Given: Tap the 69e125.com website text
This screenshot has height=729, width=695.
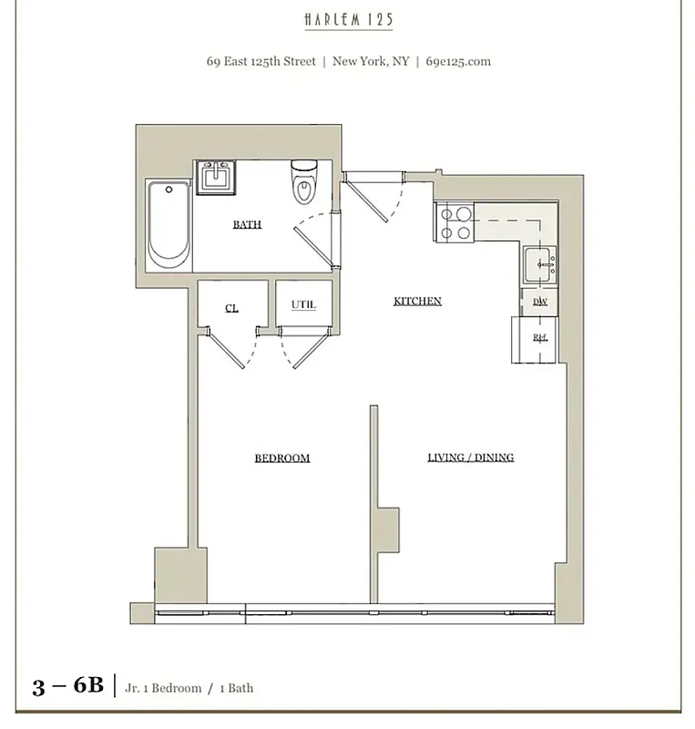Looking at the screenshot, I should tap(458, 62).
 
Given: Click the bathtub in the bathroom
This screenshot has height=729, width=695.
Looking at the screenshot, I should tap(169, 223).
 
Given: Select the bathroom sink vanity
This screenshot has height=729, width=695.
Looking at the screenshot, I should tap(218, 176).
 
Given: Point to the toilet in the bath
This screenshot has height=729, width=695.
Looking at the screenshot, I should tap(302, 181).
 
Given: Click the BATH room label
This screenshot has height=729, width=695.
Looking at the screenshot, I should tap(247, 224).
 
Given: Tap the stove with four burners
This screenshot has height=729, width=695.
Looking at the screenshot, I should tap(455, 222).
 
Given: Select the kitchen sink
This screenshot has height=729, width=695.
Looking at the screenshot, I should tap(539, 265).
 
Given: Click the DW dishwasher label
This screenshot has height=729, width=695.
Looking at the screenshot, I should tap(539, 302).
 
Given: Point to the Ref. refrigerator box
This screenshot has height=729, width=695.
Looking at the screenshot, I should tap(539, 337).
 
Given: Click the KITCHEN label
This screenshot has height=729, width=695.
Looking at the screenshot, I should tap(417, 301).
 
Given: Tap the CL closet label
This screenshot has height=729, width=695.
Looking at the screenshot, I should tap(231, 308).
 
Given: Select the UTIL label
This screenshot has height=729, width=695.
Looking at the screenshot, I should tap(303, 304).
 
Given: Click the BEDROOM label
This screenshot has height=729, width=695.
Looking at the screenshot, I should tap(281, 457).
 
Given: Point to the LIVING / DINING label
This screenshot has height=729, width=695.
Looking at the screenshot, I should tap(470, 457).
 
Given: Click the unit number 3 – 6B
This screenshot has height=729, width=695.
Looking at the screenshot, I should tap(68, 686).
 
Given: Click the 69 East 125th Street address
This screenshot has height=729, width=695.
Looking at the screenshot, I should tap(261, 62).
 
